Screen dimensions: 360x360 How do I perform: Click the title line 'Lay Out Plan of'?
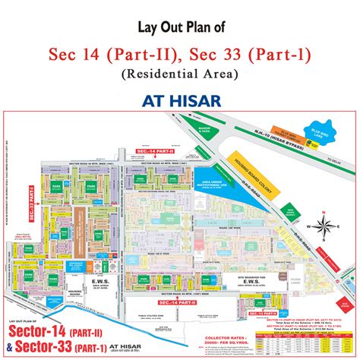click(179, 30)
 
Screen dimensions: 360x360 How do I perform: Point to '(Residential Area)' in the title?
click(179, 74)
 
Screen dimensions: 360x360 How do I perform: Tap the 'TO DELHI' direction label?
click(338, 160)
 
